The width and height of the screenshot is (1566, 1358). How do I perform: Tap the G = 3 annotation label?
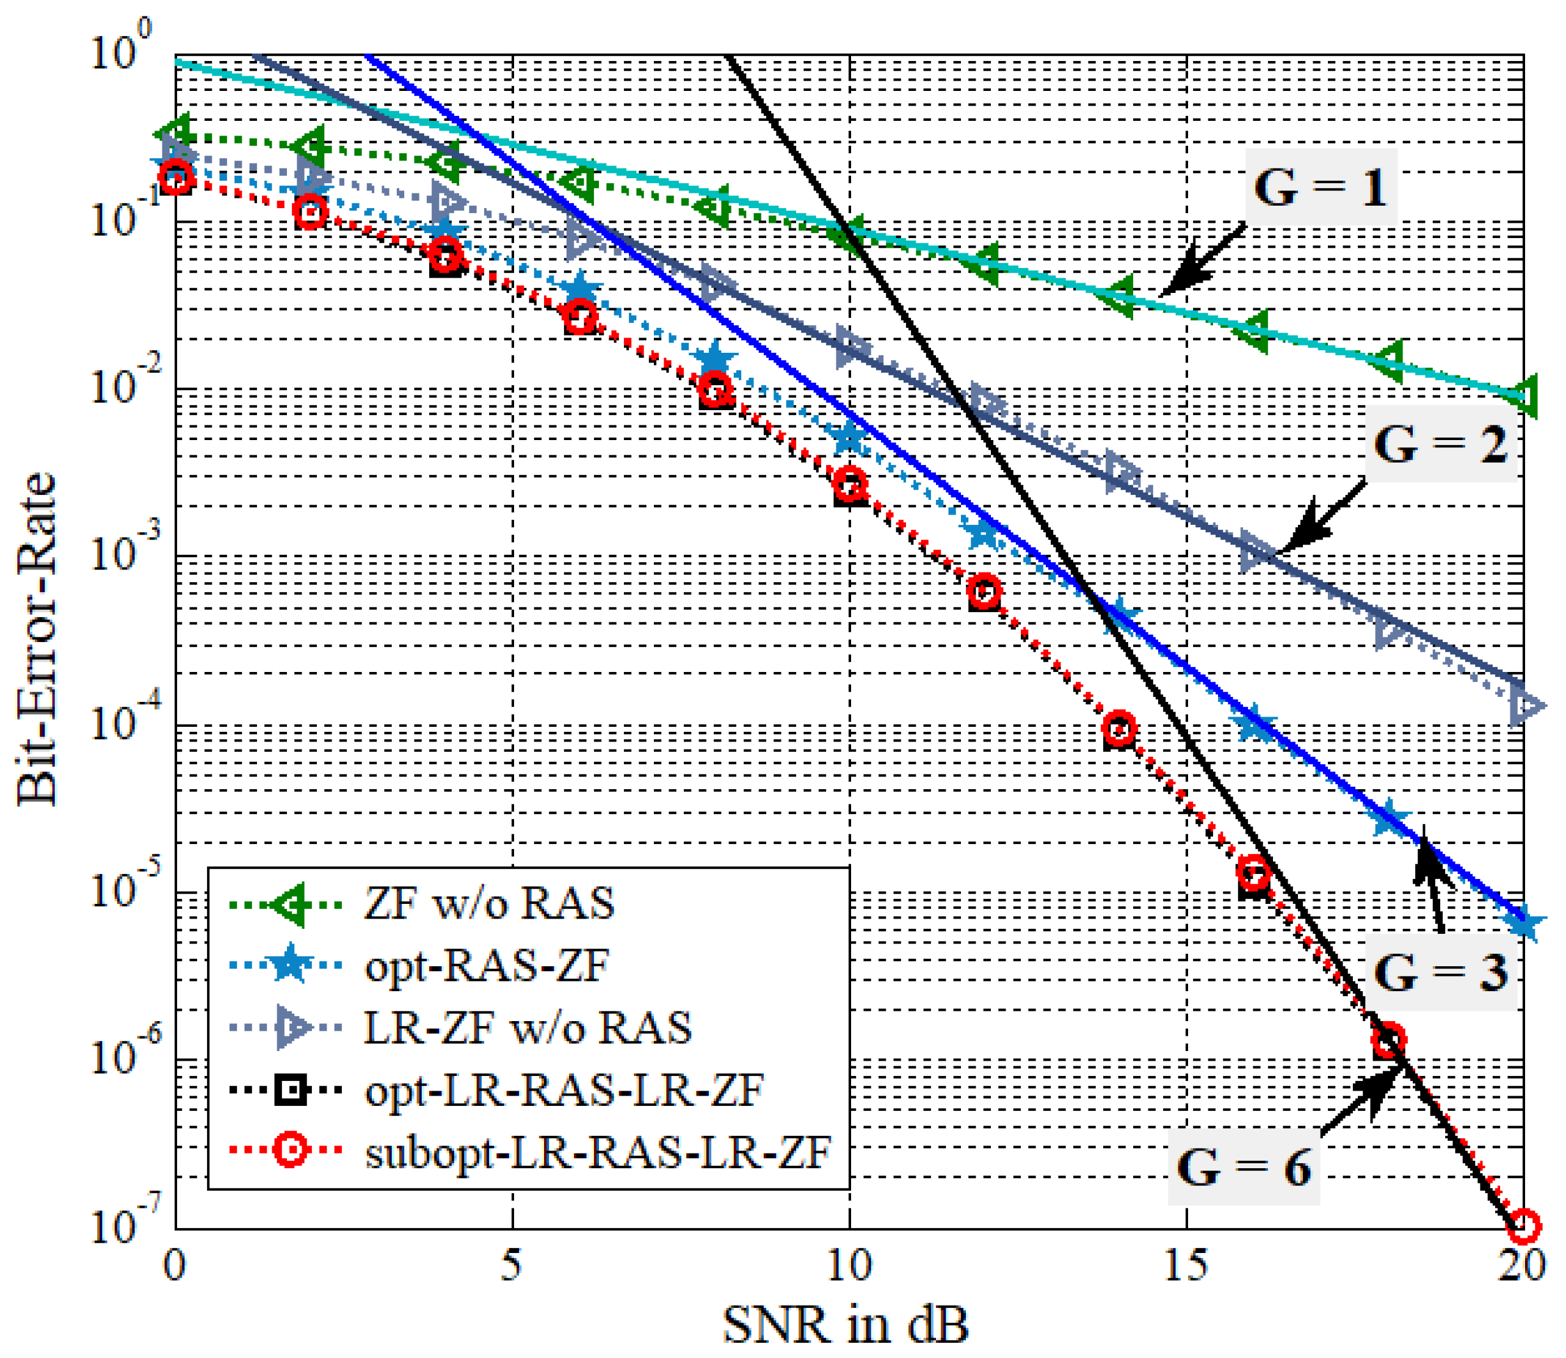pos(1440,972)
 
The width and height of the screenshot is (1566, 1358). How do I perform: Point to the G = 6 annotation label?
pos(1243,1167)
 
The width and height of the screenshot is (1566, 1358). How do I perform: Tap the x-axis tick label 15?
pos(1186,1265)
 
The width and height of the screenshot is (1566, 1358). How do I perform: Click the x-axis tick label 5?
pos(512,1265)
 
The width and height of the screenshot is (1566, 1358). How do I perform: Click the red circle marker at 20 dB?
pos(1523,1226)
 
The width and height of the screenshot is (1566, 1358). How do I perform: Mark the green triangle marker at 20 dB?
pos(1523,395)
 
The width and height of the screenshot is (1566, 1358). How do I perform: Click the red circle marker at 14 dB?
pos(1118,728)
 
